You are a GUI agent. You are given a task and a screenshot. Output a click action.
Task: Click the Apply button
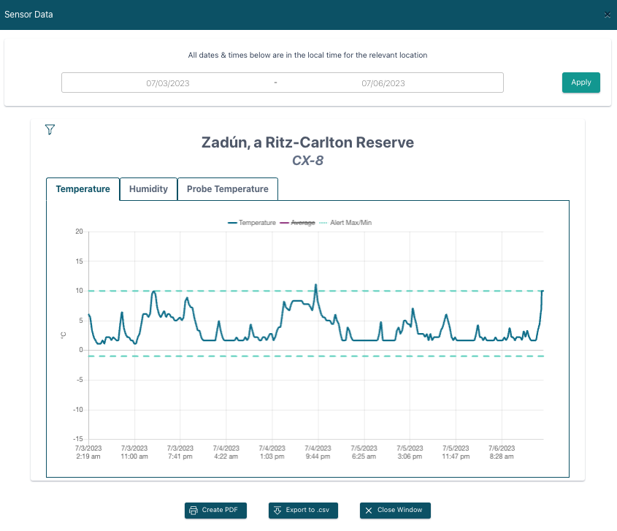pos(580,83)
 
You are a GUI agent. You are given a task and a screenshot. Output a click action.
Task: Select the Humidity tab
pos(148,188)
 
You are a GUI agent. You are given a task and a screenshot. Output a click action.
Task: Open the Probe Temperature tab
pos(227,188)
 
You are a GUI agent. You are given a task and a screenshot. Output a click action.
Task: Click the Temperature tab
pos(83,188)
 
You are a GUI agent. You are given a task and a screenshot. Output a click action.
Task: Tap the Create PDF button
pos(215,510)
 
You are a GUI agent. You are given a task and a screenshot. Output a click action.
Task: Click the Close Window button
pos(395,510)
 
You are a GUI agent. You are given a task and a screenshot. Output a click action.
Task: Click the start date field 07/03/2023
pos(168,83)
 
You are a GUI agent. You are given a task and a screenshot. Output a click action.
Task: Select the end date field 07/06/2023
pos(383,83)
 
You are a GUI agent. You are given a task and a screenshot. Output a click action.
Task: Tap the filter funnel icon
pos(50,129)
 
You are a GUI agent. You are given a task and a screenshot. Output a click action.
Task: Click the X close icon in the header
pos(608,15)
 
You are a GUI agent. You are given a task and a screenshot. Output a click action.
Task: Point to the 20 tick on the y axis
pos(79,232)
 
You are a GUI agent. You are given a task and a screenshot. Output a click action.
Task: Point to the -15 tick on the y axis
pos(77,440)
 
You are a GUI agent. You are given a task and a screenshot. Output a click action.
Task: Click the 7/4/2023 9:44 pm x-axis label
pos(317,452)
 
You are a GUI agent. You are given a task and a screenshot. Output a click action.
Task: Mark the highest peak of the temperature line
pos(315,285)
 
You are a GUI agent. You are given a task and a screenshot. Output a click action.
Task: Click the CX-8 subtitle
pos(307,160)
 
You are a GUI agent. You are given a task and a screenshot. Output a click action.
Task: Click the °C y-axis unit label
pos(63,335)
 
